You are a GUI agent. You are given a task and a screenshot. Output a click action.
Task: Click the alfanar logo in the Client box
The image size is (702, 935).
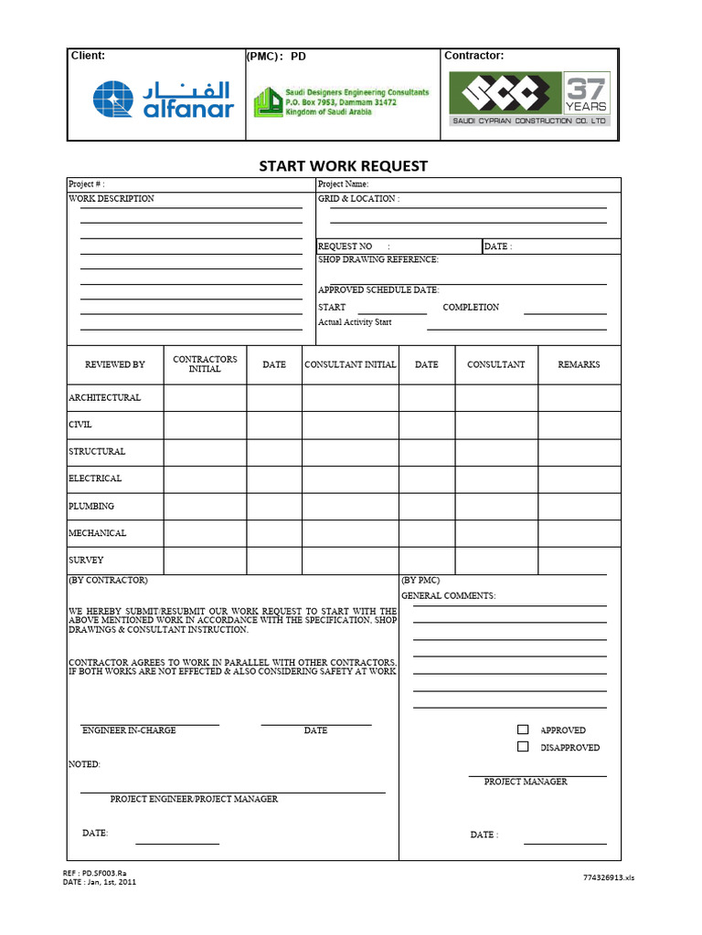(163, 100)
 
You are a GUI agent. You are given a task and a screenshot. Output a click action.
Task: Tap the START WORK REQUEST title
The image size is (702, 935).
(343, 166)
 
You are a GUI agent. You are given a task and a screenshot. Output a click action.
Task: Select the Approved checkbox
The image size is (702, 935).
(523, 730)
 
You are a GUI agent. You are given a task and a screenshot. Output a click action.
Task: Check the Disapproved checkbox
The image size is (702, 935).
(523, 747)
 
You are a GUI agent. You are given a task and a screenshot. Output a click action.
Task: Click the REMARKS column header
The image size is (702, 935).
(579, 364)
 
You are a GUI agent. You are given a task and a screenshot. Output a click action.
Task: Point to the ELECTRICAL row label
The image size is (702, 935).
(95, 478)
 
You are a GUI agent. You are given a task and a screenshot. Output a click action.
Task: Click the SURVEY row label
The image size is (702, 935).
(86, 560)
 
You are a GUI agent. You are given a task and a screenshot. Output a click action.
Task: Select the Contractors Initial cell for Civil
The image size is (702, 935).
(205, 425)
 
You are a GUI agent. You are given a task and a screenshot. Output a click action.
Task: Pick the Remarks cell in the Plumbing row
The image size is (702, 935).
(579, 506)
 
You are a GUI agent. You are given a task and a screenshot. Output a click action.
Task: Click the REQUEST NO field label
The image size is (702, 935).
(346, 247)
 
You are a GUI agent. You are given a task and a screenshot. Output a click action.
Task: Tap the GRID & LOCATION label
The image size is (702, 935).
(358, 198)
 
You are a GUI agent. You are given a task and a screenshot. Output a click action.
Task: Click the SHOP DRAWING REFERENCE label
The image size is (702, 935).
(378, 259)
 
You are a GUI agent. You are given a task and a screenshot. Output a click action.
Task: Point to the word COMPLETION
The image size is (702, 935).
(471, 307)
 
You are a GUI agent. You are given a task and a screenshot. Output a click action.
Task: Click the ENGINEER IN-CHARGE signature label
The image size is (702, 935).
(129, 730)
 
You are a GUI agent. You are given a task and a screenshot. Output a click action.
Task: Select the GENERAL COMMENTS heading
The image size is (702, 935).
(448, 595)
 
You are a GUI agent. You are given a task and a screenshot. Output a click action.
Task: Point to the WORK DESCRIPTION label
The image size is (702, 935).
(112, 198)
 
